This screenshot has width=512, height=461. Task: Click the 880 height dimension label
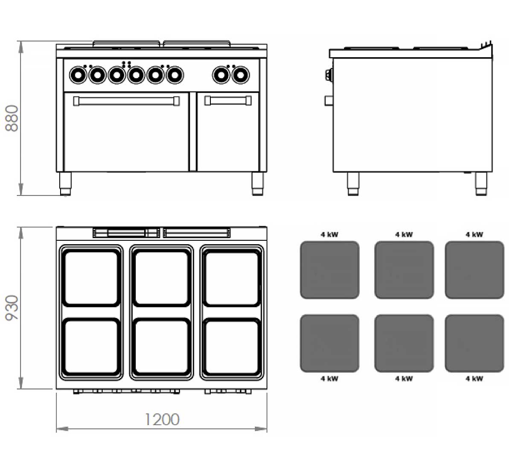(x=12, y=119)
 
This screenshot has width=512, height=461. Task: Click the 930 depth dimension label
(x=12, y=307)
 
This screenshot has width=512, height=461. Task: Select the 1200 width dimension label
(x=162, y=419)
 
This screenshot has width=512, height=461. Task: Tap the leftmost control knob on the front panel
(x=78, y=75)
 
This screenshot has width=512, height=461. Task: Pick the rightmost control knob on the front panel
(x=241, y=75)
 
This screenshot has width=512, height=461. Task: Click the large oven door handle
(x=127, y=101)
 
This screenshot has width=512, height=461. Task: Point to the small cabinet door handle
(x=228, y=101)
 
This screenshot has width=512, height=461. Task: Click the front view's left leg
(x=65, y=184)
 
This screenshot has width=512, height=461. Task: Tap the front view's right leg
(x=257, y=184)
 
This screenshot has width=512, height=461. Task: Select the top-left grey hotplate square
(x=329, y=270)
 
